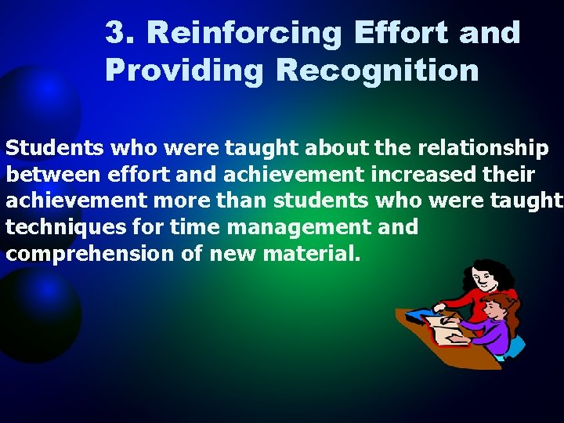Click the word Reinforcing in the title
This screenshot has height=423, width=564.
pyautogui.click(x=244, y=33)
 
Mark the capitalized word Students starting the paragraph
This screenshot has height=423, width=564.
pyautogui.click(x=56, y=148)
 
